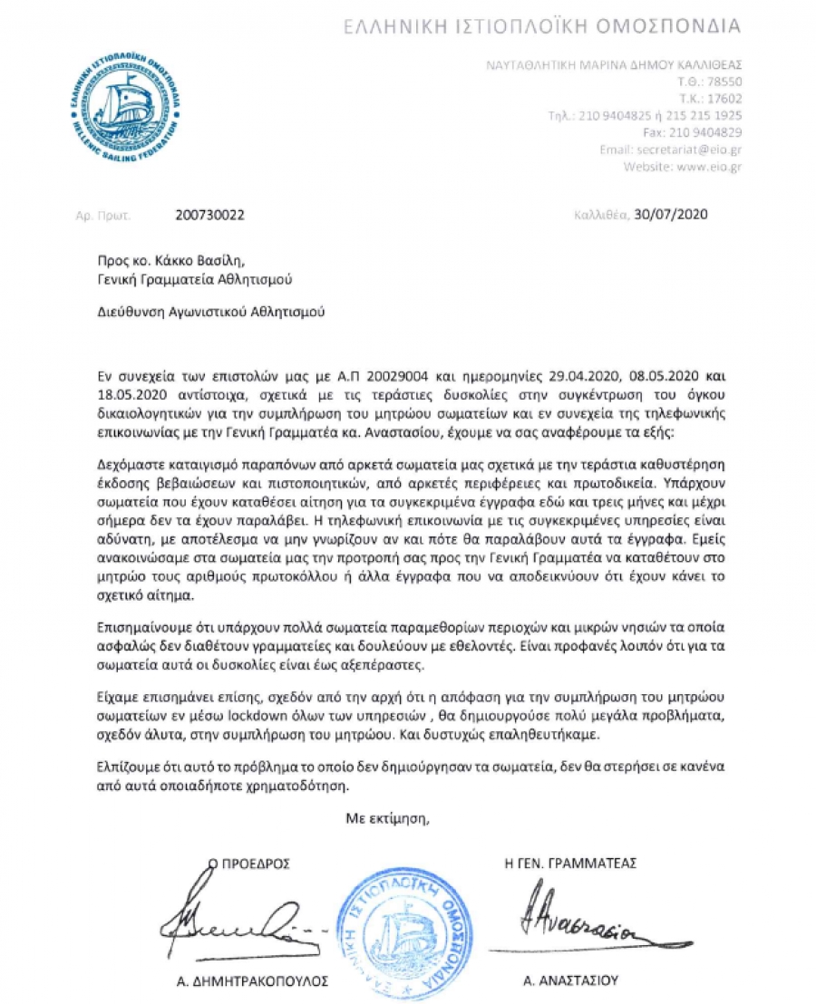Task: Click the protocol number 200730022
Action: click(209, 216)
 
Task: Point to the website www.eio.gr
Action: click(697, 167)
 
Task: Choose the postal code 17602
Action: click(723, 99)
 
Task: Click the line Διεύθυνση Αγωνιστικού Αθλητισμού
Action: click(209, 313)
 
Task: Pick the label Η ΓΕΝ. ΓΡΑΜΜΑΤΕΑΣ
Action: click(569, 864)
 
